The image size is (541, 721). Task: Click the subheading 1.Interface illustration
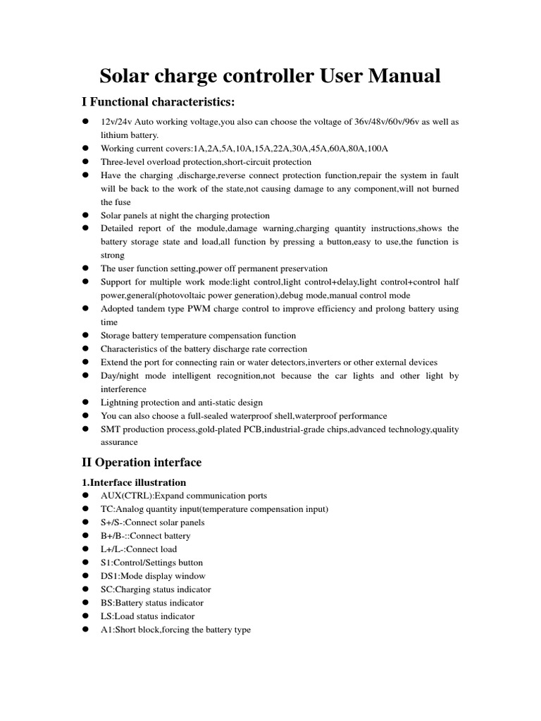[134, 482]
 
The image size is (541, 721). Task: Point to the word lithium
[116, 135]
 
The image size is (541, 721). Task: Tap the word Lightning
[121, 403]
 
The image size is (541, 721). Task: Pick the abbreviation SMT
[111, 430]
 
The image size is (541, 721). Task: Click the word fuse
[111, 202]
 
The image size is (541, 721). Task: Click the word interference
[124, 389]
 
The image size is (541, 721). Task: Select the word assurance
[120, 443]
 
